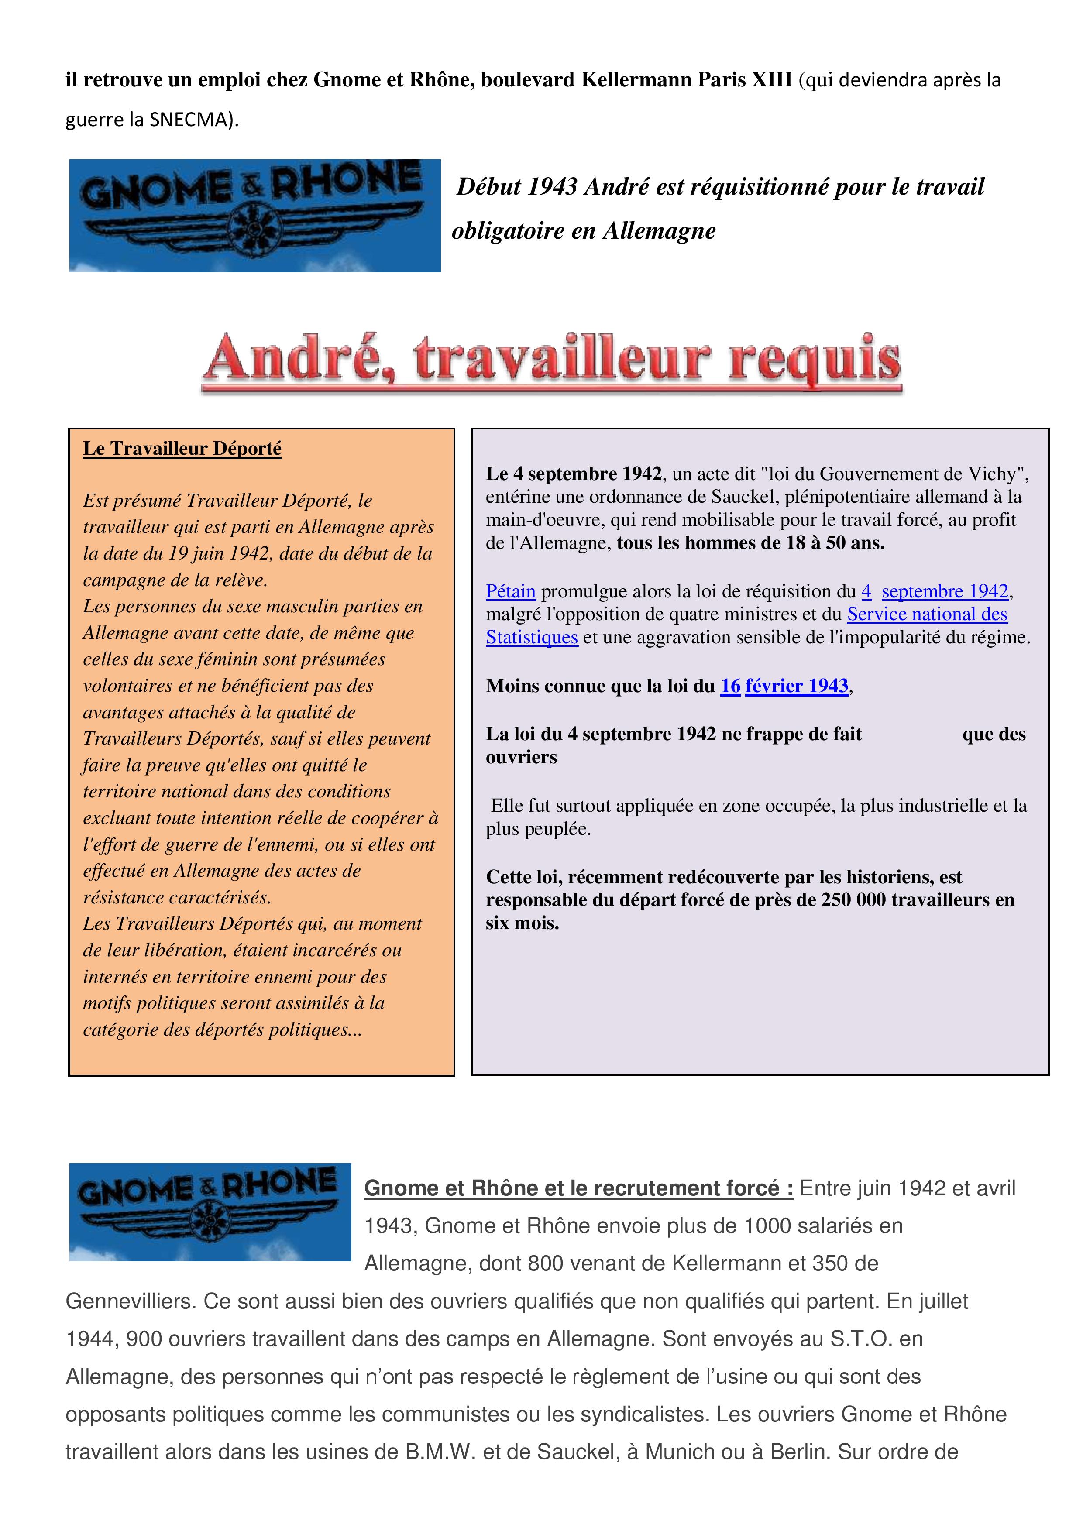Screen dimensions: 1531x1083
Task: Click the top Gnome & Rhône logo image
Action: click(255, 216)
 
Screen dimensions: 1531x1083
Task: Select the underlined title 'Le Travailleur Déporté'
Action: click(182, 449)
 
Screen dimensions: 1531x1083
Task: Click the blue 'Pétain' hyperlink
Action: click(510, 591)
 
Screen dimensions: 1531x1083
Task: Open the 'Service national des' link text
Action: click(927, 614)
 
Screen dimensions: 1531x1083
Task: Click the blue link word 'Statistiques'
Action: click(532, 638)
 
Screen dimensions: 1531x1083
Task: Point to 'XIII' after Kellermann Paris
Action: click(772, 80)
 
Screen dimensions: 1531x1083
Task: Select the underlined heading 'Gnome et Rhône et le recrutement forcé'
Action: click(578, 1188)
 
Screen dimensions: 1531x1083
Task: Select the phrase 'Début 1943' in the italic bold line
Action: click(516, 187)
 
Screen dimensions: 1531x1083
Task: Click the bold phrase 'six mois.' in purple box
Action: click(522, 923)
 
